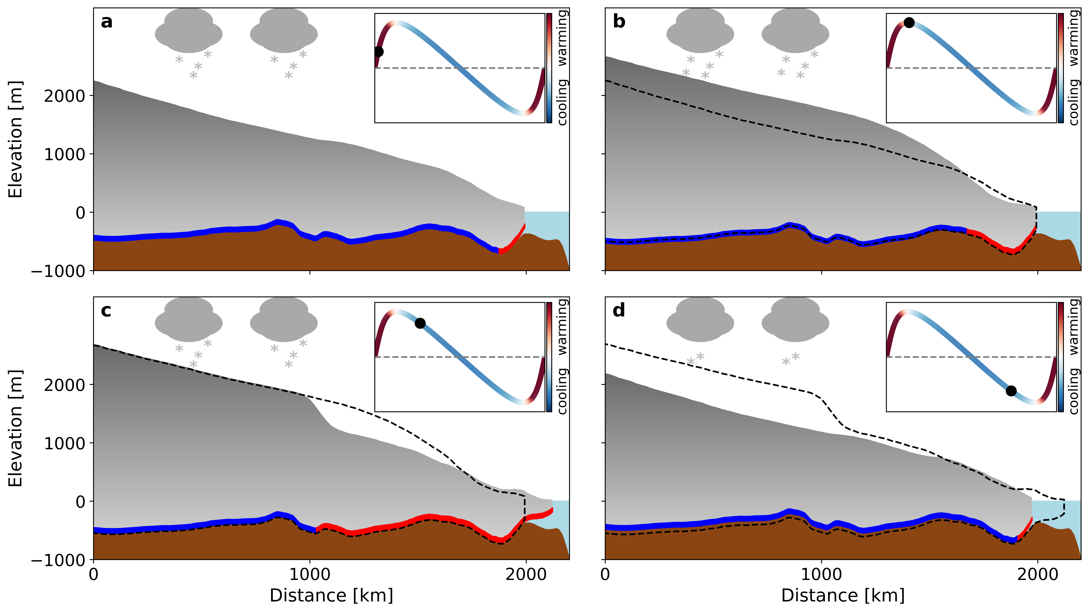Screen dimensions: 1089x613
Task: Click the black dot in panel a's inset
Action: (x=379, y=51)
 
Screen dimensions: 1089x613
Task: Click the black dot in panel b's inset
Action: (x=909, y=22)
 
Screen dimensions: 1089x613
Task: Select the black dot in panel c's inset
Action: (x=420, y=323)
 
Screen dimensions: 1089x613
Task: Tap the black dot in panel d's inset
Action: (x=1011, y=391)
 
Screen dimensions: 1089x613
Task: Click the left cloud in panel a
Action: (x=188, y=30)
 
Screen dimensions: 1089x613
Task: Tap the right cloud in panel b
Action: (x=795, y=30)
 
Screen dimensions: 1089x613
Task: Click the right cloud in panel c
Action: (x=284, y=319)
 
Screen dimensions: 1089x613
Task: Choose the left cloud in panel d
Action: (x=700, y=319)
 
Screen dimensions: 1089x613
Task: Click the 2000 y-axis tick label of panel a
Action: (x=65, y=96)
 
